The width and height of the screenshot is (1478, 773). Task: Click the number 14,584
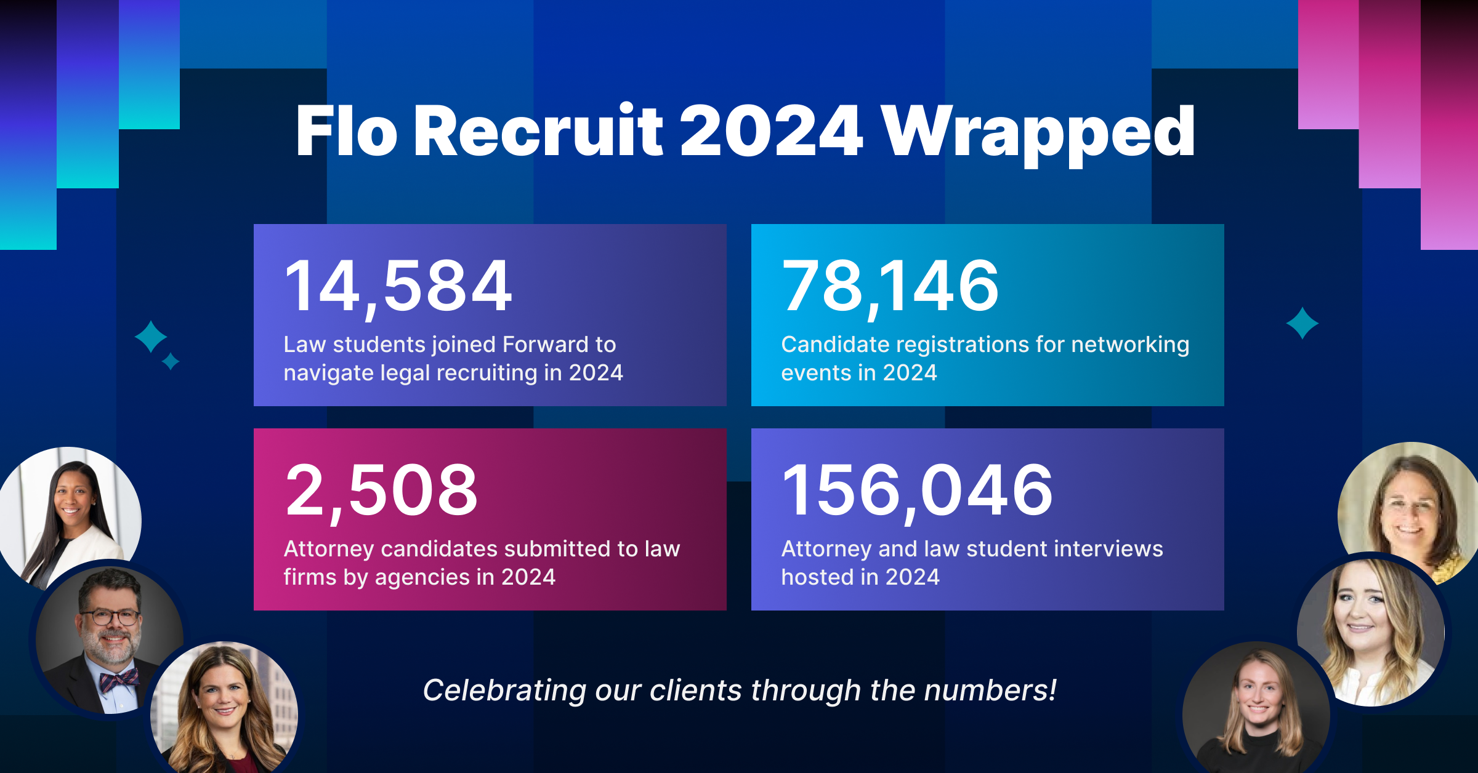pyautogui.click(x=398, y=286)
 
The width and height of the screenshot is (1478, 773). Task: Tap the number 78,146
pyautogui.click(x=890, y=286)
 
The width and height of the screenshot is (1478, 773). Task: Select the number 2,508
pyautogui.click(x=381, y=491)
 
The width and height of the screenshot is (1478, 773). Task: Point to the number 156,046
pyautogui.click(x=917, y=491)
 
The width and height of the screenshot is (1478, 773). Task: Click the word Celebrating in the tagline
pyautogui.click(x=504, y=690)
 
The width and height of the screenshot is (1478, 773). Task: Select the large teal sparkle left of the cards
pyautogui.click(x=151, y=337)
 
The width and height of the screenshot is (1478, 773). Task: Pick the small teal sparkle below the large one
pyautogui.click(x=171, y=361)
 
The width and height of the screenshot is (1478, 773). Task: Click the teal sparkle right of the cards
pyautogui.click(x=1302, y=323)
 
